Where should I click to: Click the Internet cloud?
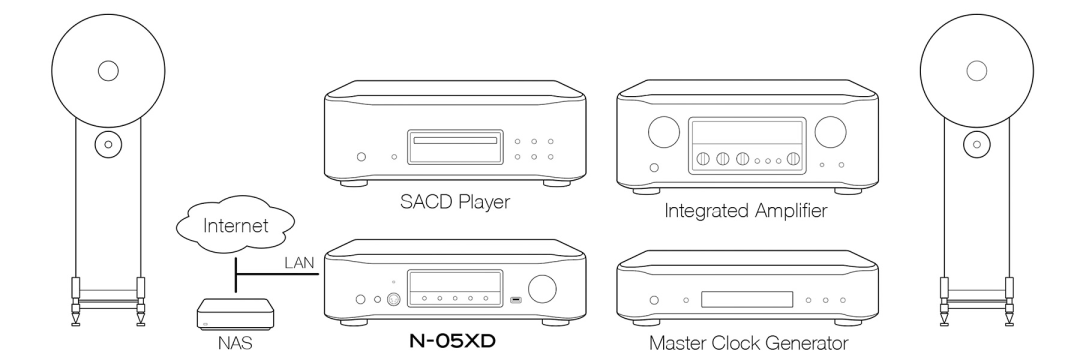pos(235,225)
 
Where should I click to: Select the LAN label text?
pos(299,263)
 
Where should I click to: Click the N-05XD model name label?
pos(452,341)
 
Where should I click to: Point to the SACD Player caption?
pos(455,202)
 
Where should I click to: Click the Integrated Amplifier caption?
pos(745,210)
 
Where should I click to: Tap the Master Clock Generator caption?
pos(749,342)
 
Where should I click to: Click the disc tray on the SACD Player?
pos(452,140)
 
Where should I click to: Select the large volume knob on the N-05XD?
pos(543,289)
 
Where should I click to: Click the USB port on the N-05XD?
pos(516,300)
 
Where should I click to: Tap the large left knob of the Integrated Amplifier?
pos(664,131)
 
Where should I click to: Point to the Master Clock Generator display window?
pos(747,299)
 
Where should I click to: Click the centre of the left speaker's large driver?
pos(108,70)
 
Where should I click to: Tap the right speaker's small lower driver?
pos(976,145)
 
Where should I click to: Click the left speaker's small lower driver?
pos(107,145)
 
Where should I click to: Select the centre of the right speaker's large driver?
pos(977,70)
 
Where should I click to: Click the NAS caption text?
pos(235,342)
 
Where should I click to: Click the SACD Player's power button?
pos(362,157)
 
